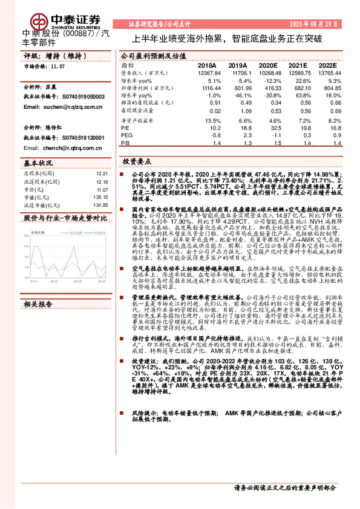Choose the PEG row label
(x=126, y=136)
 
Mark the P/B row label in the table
(x=126, y=144)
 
